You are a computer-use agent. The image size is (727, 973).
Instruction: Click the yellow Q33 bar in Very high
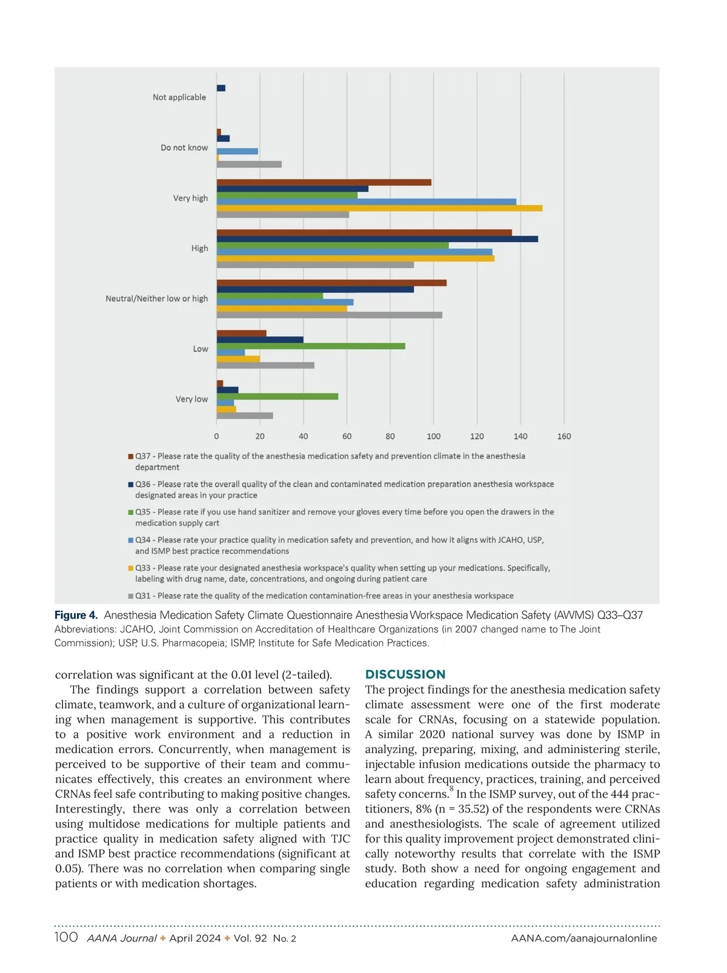point(379,208)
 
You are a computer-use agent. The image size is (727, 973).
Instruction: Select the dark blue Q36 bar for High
point(377,239)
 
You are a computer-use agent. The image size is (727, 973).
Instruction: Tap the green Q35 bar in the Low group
point(311,346)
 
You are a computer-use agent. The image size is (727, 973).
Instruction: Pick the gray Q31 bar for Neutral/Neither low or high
point(329,315)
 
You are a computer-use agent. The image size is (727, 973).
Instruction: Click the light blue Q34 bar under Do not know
point(237,151)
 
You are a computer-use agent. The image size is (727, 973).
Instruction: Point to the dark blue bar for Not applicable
point(221,88)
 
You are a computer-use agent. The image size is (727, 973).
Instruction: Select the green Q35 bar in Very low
point(277,396)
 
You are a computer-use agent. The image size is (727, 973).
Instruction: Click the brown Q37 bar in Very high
point(324,182)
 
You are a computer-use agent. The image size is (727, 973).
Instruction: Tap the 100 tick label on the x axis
point(434,436)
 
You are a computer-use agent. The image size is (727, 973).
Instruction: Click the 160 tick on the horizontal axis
point(564,436)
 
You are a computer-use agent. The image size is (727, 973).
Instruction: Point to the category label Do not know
point(184,148)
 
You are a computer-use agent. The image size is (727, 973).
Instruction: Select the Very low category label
point(191,399)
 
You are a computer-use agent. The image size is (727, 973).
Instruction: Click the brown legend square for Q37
point(131,456)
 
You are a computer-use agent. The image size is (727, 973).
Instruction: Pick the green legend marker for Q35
point(131,513)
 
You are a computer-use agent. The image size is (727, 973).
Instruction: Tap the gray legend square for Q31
point(131,596)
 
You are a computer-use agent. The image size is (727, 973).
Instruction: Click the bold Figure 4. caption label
point(76,616)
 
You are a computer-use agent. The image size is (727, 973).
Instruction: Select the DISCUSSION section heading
point(405,674)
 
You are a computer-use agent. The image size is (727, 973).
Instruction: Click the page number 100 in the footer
point(66,937)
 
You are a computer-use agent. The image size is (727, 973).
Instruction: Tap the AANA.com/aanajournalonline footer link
point(584,938)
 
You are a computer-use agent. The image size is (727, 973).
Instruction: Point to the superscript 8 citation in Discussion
point(452,789)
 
